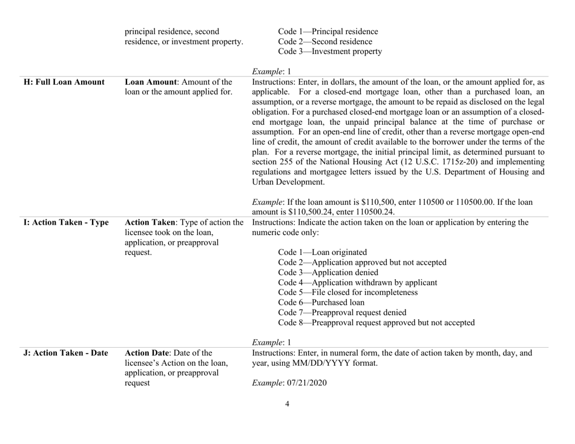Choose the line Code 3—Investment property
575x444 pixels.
(330, 52)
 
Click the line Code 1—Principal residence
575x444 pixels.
(328, 31)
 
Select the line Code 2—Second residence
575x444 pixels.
(323, 42)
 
